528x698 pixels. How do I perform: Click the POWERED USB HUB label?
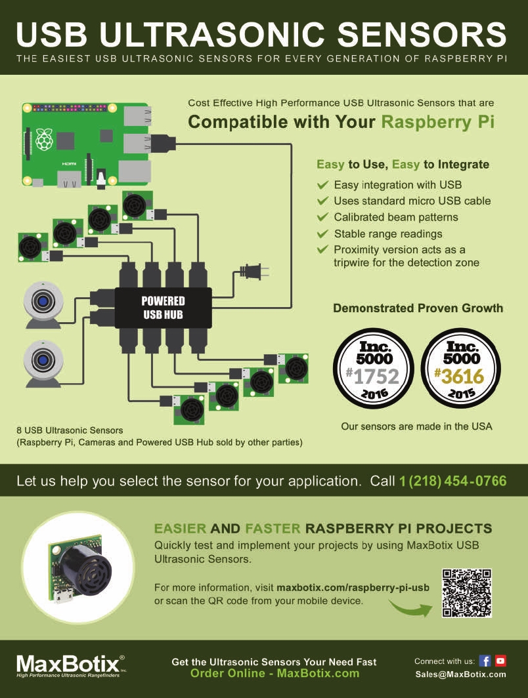coord(164,308)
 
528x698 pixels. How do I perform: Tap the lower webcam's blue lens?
coord(44,360)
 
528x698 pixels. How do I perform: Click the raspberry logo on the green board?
coord(44,139)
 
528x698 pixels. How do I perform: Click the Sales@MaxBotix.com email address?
coord(460,674)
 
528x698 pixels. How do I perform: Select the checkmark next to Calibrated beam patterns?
coord(322,217)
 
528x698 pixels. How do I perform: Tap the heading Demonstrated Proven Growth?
coord(418,308)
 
